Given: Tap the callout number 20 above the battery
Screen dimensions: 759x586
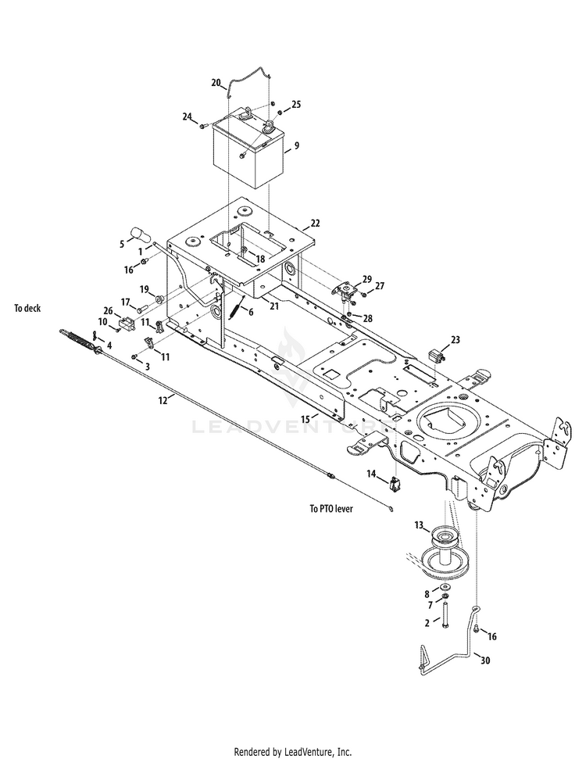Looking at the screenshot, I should tap(216, 82).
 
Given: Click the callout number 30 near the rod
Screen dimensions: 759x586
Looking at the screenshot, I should tap(485, 661).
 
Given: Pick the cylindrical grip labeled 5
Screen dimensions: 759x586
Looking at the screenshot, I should tap(139, 234).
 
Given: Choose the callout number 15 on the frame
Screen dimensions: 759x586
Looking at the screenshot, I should tap(306, 420).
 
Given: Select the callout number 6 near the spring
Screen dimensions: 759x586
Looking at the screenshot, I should tap(250, 311).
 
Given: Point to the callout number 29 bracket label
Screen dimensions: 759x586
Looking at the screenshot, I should tap(366, 279).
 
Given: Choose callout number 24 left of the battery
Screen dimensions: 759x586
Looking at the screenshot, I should tap(188, 116).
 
